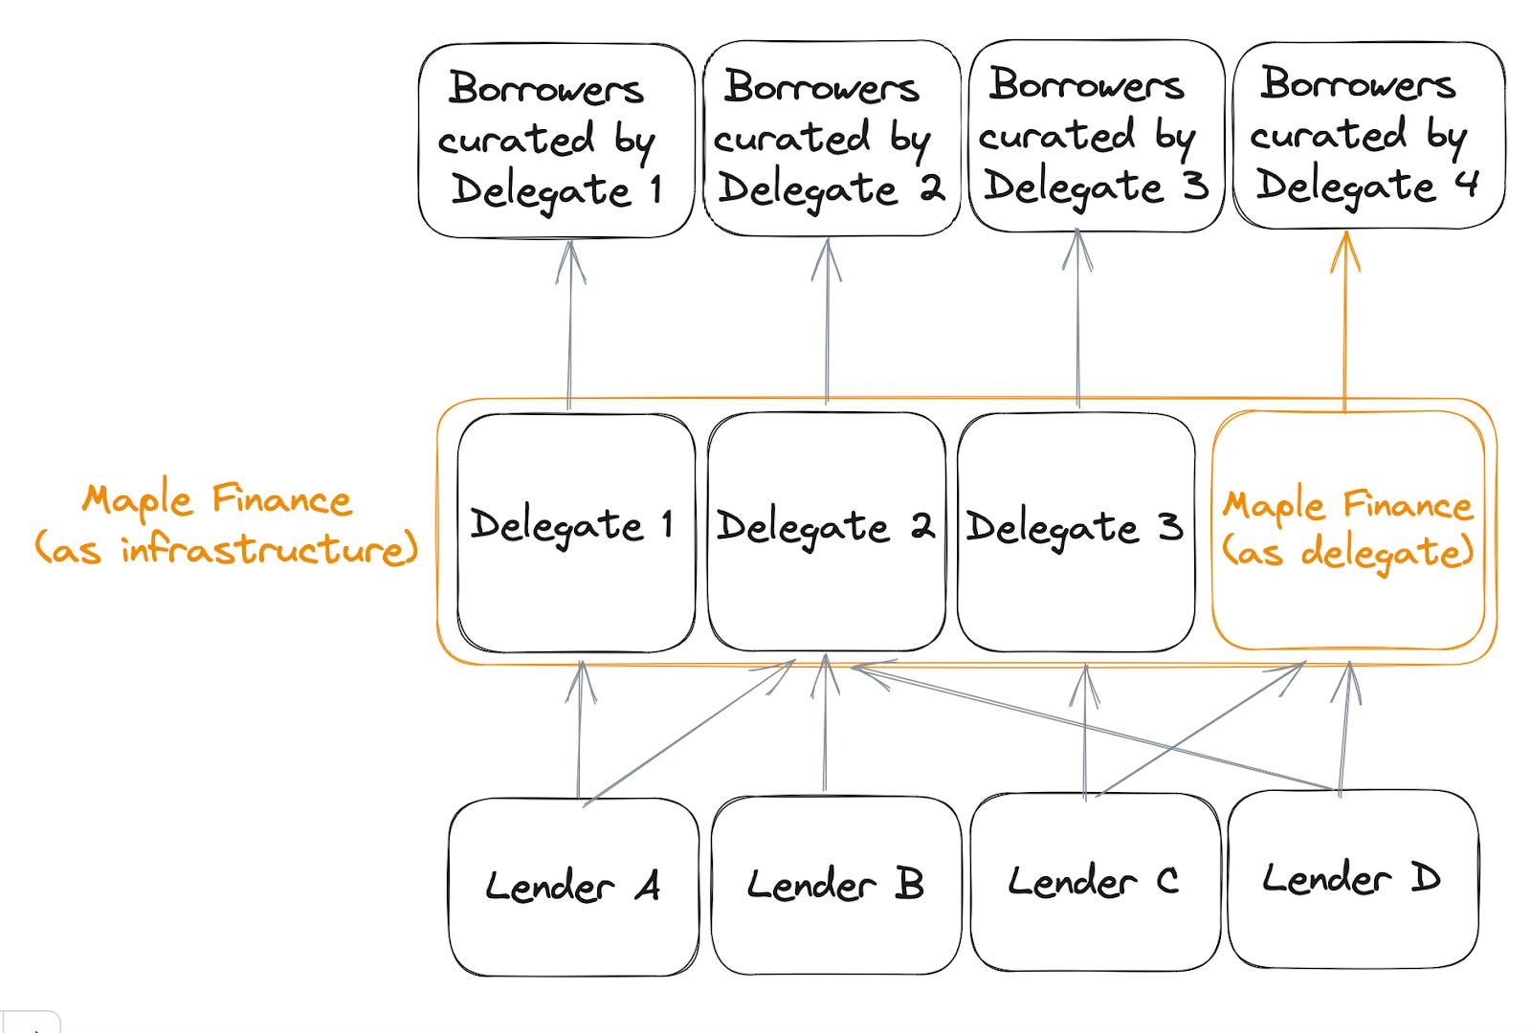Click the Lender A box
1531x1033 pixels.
573,887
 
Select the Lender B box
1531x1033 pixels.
835,885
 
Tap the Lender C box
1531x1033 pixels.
1095,881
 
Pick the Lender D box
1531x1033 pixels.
1352,878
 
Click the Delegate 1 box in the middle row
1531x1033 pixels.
575,533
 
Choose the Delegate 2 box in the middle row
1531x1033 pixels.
826,533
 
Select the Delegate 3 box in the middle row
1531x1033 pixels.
1076,533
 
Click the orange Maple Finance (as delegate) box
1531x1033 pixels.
1348,530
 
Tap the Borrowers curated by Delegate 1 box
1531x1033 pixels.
556,140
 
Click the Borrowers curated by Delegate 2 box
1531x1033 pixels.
831,138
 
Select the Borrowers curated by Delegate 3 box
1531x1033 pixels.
1096,135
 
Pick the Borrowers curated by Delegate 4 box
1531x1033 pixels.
1367,134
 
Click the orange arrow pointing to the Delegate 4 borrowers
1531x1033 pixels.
1345,325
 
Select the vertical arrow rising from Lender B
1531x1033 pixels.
825,727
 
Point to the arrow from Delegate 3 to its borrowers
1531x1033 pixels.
1078,325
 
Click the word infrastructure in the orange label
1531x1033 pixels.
269,550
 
